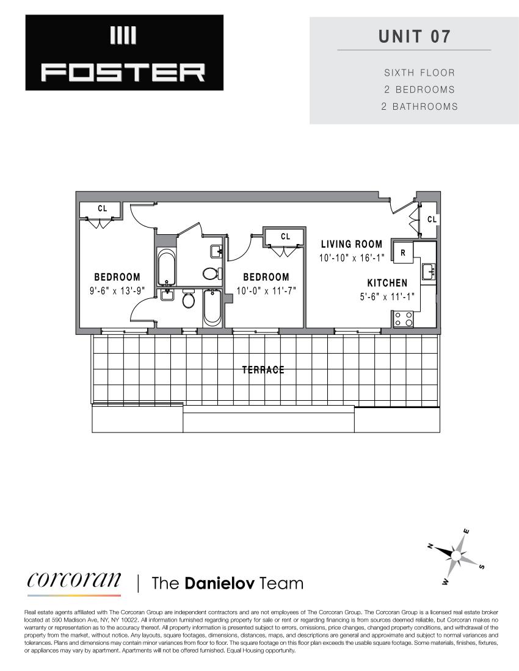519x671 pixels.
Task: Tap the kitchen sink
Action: (x=428, y=270)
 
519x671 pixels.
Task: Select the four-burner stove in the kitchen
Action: (x=403, y=318)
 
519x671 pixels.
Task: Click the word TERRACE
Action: (x=263, y=370)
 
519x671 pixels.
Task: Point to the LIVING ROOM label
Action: (x=352, y=244)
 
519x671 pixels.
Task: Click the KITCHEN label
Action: (x=387, y=283)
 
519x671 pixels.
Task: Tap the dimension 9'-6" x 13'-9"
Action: (x=117, y=291)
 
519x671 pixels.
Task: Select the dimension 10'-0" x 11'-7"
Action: (x=266, y=291)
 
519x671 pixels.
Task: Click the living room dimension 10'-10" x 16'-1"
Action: (x=352, y=257)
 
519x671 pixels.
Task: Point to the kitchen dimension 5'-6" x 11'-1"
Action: (x=387, y=297)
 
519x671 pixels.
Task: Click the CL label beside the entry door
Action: (x=432, y=219)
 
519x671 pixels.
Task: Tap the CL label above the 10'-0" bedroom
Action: (x=285, y=236)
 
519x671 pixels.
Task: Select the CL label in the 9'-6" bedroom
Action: (x=102, y=209)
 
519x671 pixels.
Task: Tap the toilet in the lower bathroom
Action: (x=189, y=300)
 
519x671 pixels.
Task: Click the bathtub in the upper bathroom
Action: (x=166, y=268)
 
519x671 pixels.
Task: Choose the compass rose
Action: (x=457, y=554)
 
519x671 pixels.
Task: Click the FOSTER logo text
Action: (x=124, y=73)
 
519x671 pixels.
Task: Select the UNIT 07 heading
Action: (x=414, y=36)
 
